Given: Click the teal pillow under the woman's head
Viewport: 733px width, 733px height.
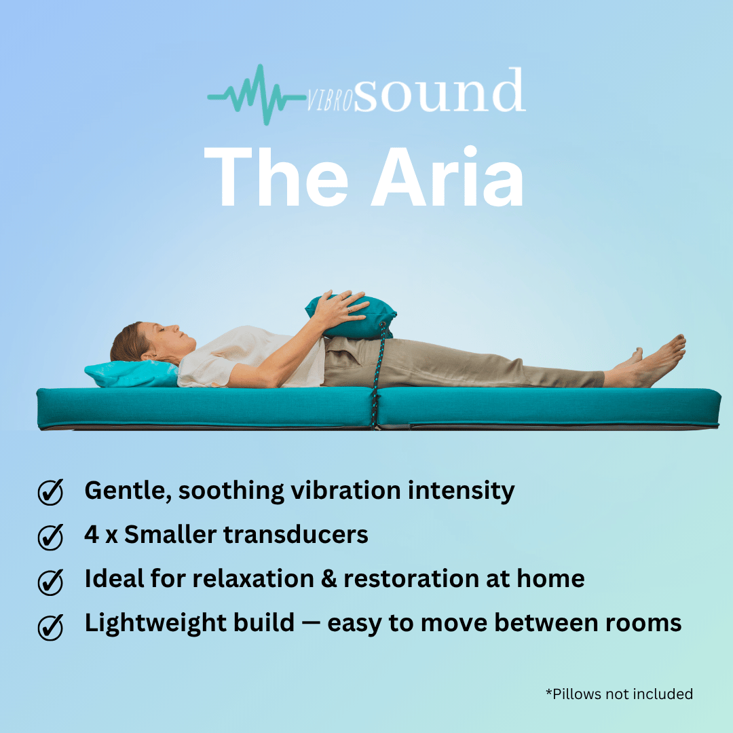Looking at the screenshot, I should click(129, 373).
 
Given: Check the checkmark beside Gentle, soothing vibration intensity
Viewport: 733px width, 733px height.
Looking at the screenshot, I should click(50, 492).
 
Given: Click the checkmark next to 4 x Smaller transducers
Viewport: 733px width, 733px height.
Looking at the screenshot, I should click(50, 537).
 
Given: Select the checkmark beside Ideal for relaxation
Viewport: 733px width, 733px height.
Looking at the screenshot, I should click(50, 582).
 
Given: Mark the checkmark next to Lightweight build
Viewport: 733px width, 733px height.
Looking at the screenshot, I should click(50, 626).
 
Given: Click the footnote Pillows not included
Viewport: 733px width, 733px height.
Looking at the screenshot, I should click(619, 694).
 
